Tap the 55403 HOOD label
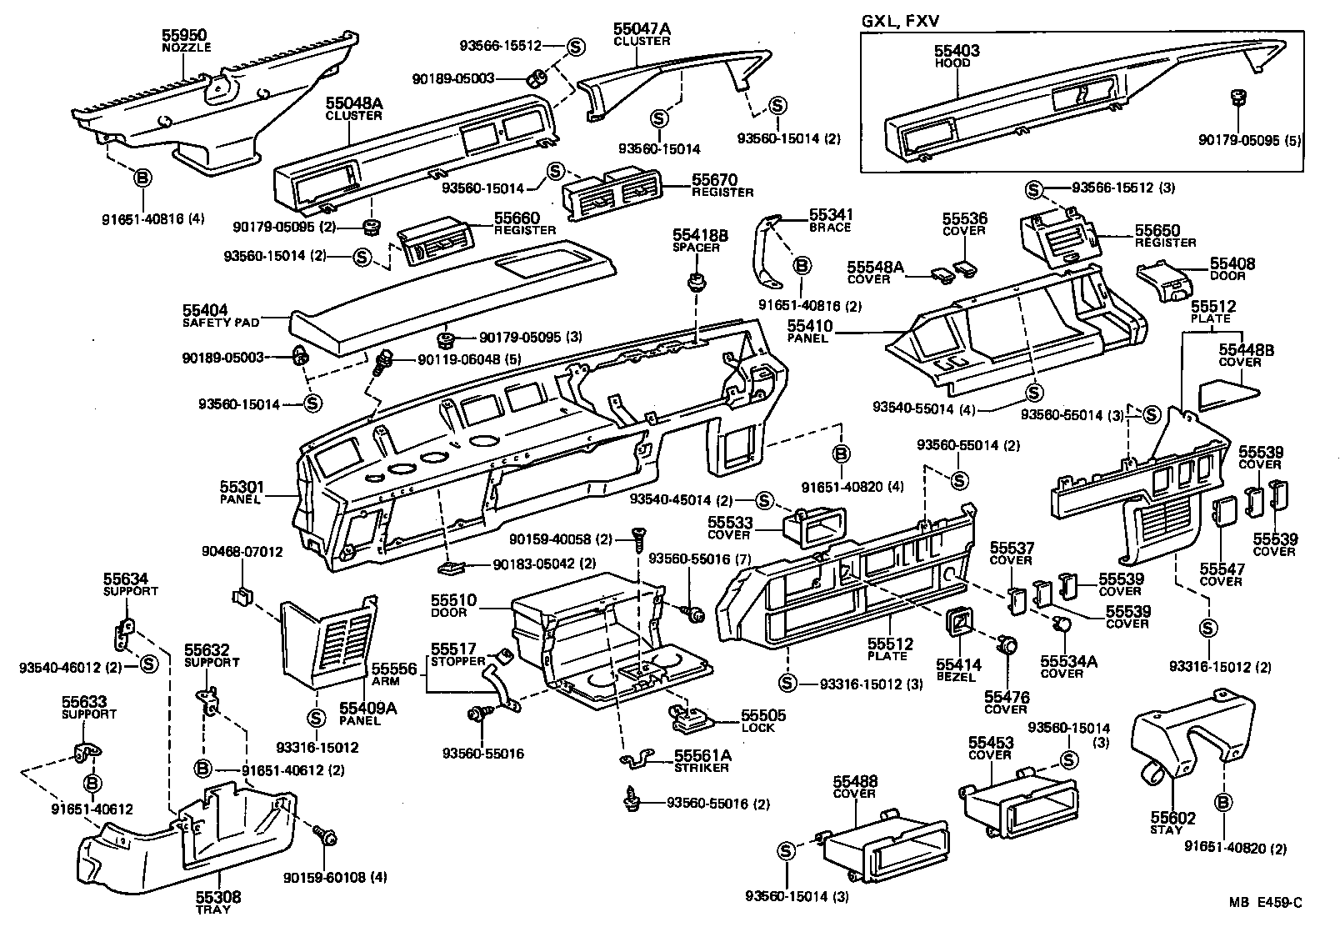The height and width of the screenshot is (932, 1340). (x=956, y=55)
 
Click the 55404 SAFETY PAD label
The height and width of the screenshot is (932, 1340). (x=221, y=314)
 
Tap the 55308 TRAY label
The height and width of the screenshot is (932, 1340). (x=218, y=902)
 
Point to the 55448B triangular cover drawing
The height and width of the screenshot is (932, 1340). (x=1227, y=391)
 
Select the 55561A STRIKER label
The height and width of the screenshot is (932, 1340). (x=702, y=760)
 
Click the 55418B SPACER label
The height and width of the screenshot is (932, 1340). (x=699, y=241)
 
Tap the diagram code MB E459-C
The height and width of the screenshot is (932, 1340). (x=1263, y=903)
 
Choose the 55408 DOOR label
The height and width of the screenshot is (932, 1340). (x=1232, y=269)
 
